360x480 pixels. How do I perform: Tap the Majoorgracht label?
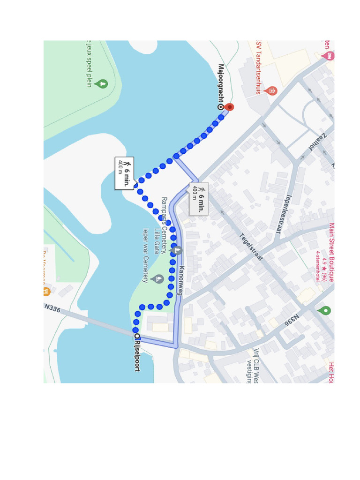pyautogui.click(x=221, y=84)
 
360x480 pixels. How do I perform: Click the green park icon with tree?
pyautogui.click(x=101, y=84)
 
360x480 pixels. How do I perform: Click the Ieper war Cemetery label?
pyautogui.click(x=146, y=256)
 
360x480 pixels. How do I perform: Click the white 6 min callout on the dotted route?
pyautogui.click(x=125, y=173)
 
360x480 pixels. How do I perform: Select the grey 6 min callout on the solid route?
pyautogui.click(x=199, y=198)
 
